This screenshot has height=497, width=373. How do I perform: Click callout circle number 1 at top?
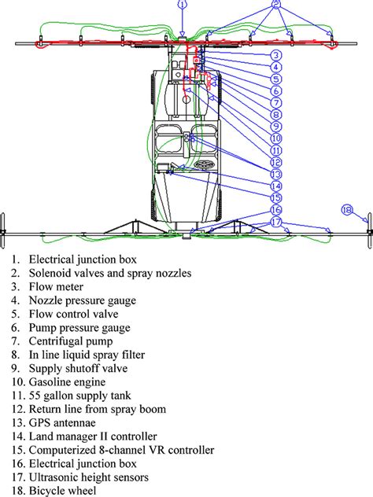tap(183, 4)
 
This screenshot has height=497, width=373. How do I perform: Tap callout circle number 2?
tap(276, 5)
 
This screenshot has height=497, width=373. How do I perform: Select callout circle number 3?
tap(276, 55)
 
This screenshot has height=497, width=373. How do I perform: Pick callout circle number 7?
tap(276, 103)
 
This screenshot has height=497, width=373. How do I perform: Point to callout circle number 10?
tap(276, 138)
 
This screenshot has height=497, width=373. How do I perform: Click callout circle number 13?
tap(276, 174)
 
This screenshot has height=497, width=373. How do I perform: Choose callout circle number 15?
tap(276, 198)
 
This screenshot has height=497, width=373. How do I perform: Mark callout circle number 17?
tap(276, 223)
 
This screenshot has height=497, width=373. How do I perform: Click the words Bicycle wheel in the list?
tap(63, 490)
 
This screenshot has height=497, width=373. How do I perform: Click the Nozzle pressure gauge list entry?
tap(83, 300)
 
